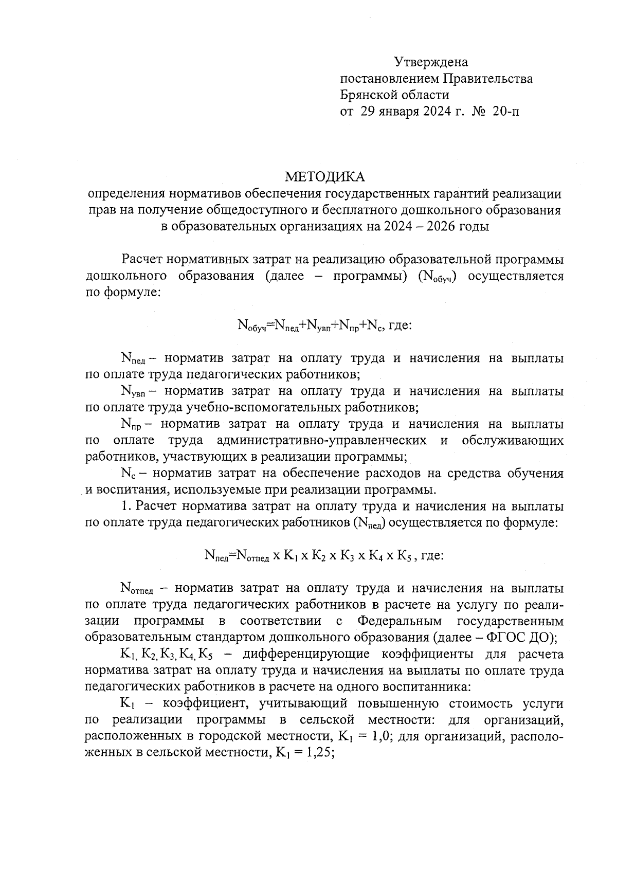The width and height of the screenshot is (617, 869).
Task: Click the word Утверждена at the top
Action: [x=431, y=63]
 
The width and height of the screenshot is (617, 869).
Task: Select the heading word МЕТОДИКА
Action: [x=325, y=177]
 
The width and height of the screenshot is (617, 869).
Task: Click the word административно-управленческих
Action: [x=321, y=441]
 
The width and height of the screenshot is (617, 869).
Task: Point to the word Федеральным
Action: [x=398, y=621]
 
